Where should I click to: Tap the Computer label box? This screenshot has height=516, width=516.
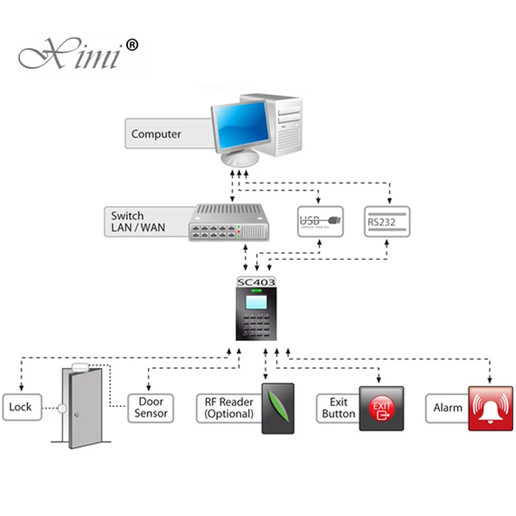pos(157,134)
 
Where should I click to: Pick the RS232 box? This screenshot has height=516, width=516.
pos(386,221)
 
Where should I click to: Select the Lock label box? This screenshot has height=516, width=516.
pos(21,407)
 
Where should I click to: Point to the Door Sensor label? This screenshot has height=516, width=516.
pos(151,408)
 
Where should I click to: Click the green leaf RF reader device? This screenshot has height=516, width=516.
pos(277,408)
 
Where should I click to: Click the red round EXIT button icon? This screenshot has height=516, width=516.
pos(381,408)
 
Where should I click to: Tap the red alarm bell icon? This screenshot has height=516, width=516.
pos(490,408)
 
